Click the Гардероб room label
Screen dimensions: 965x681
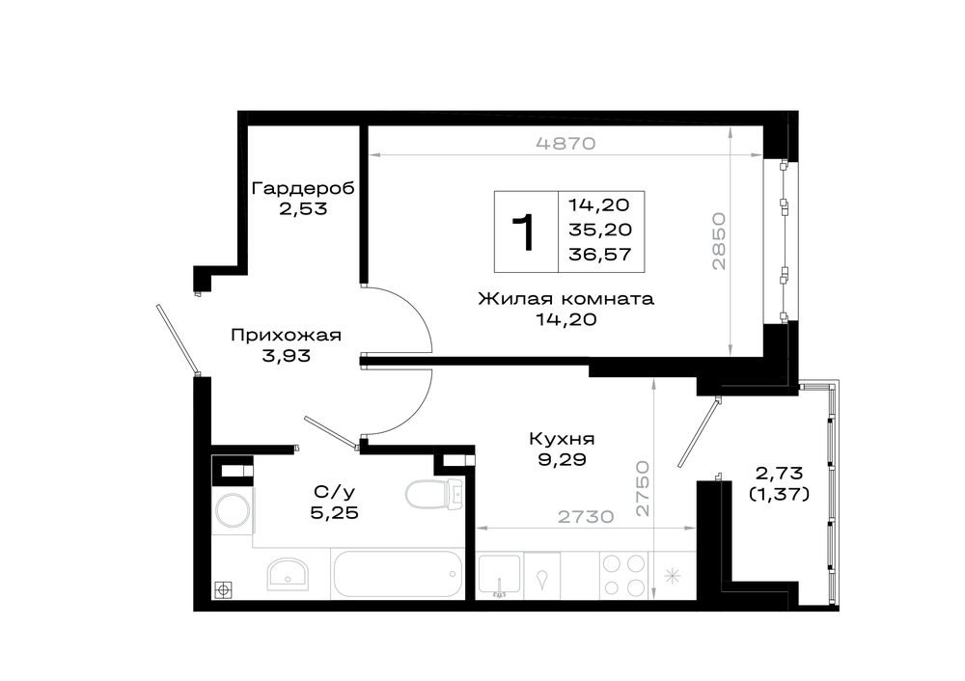(303, 188)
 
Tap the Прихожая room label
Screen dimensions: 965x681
(286, 336)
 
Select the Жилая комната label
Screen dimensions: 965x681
(565, 299)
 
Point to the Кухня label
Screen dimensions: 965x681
(562, 439)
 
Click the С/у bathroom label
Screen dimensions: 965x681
(334, 492)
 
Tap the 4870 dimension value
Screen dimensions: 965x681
(565, 144)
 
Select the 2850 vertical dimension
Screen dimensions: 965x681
(719, 241)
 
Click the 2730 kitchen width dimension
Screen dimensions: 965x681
(586, 517)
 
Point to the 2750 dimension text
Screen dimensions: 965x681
(643, 488)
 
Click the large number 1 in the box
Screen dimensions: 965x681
(524, 232)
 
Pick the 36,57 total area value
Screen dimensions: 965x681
(600, 254)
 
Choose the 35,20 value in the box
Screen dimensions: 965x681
(600, 230)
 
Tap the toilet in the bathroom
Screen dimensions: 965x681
(434, 493)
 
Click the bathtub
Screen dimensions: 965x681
(398, 573)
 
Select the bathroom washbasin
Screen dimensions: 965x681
(288, 574)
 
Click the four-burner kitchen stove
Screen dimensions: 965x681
(624, 575)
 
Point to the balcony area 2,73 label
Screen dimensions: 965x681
(779, 473)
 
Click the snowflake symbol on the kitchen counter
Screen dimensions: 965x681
(672, 577)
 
